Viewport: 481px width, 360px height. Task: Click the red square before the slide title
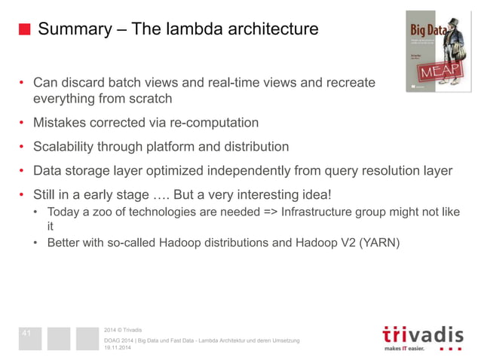coord(24,29)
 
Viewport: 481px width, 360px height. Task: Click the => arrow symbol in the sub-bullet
coord(267,212)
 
